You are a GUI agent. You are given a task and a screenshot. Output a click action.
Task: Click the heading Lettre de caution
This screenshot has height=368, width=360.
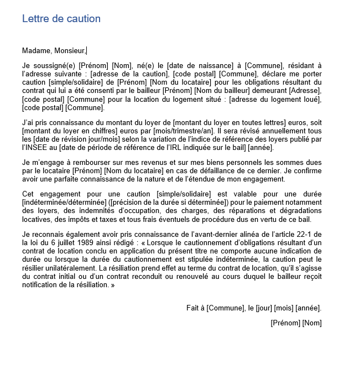(x=61, y=19)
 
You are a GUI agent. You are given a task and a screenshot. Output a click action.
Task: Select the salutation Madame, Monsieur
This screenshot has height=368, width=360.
(x=54, y=51)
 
